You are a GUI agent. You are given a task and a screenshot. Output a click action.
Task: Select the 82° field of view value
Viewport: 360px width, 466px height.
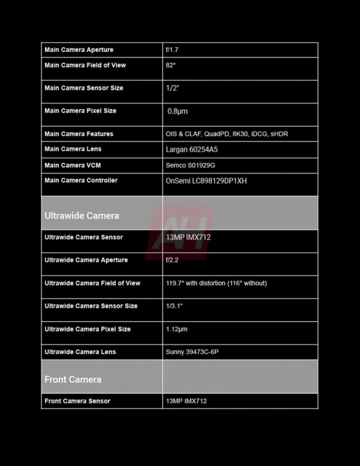pos(171,65)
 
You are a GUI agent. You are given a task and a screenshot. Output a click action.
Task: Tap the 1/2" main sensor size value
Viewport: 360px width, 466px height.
pos(172,88)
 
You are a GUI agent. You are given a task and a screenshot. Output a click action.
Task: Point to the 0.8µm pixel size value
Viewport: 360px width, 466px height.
pos(177,111)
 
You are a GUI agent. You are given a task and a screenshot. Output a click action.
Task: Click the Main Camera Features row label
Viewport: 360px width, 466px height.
pos(79,134)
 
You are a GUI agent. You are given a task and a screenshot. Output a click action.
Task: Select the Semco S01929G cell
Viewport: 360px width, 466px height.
pos(190,165)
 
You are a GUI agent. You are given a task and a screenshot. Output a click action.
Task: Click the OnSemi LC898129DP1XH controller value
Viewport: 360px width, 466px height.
pos(206,181)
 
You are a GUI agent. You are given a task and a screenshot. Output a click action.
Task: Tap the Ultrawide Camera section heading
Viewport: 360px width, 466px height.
pos(82,216)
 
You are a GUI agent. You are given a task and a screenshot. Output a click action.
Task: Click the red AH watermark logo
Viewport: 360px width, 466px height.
pos(180,232)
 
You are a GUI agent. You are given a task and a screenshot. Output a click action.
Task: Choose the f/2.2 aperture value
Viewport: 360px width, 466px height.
pos(172,260)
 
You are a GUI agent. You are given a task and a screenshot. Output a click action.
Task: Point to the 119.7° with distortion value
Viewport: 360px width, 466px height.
pos(216,283)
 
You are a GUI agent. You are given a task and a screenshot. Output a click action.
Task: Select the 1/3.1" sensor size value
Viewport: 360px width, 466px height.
pos(174,306)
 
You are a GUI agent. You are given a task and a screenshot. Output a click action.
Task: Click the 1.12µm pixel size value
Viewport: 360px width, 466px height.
pos(177,329)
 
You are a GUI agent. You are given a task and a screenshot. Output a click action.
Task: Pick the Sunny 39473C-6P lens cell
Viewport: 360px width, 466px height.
pos(192,352)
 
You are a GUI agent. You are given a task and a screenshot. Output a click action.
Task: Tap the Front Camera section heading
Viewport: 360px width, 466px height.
pos(73,380)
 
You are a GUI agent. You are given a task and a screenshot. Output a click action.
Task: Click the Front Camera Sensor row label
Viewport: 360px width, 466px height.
pos(77,401)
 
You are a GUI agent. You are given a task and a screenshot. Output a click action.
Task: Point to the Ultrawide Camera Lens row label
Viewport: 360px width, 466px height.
pos(80,352)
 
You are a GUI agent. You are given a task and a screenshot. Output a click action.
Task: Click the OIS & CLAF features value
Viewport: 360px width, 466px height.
pos(227,134)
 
